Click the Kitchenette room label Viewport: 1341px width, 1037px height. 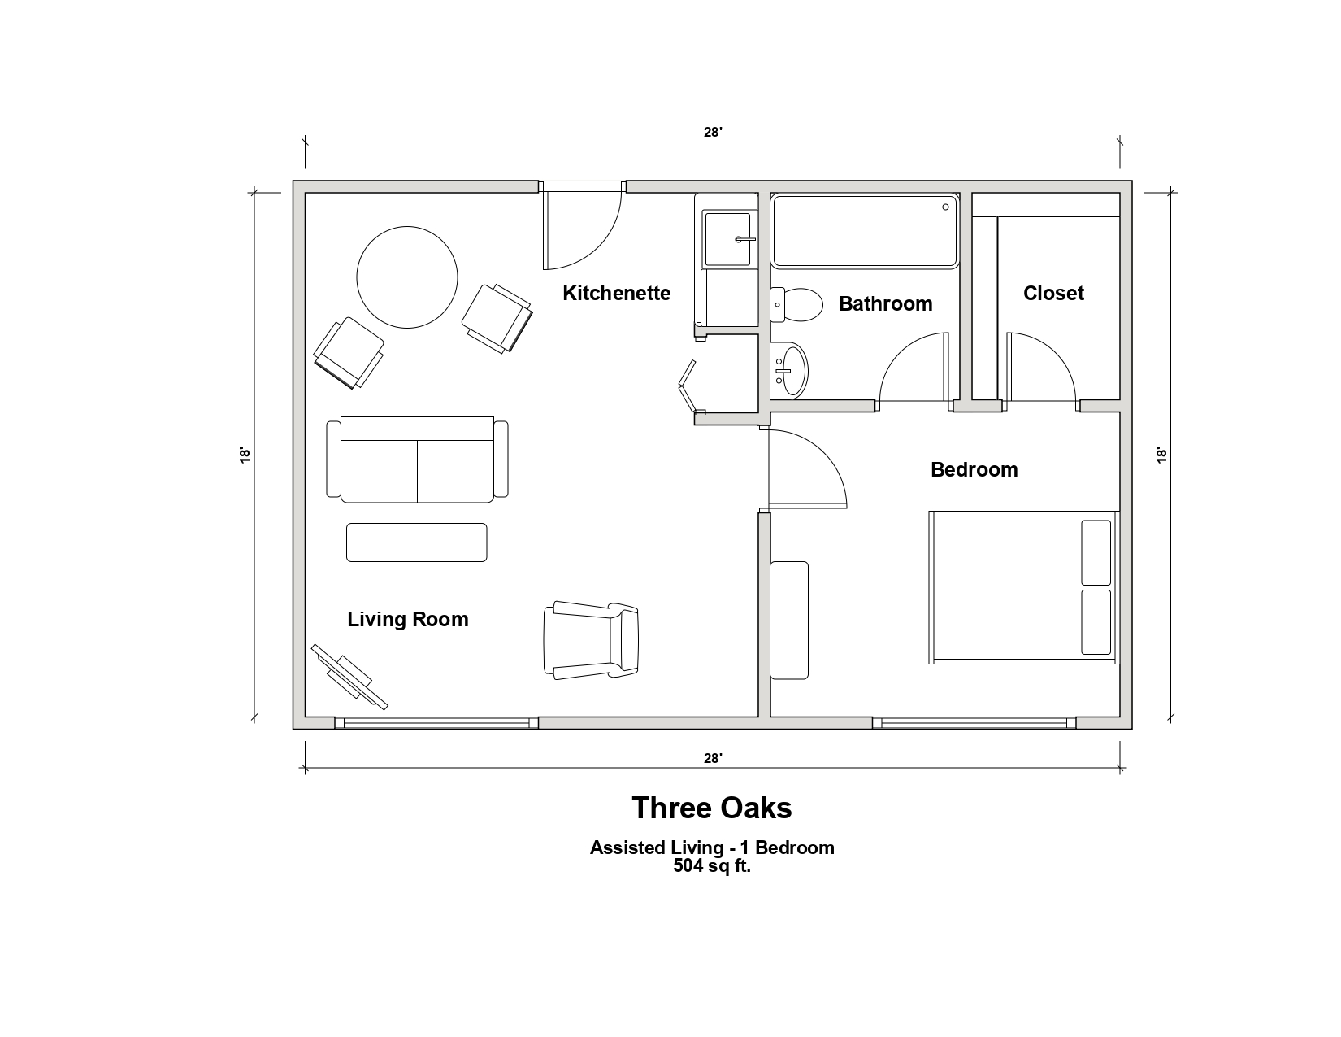pos(616,293)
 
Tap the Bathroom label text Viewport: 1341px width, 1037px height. pos(885,304)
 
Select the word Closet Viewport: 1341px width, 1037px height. pos(1052,293)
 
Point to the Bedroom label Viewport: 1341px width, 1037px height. pos(974,469)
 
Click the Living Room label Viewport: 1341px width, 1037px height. pos(407,619)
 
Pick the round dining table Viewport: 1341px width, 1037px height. pos(406,277)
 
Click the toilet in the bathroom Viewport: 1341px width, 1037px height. pos(796,304)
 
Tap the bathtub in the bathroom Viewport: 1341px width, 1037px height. pos(865,232)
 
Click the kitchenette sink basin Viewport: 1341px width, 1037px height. pos(727,239)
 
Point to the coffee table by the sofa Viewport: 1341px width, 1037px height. pos(417,542)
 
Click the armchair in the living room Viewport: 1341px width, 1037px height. pos(591,640)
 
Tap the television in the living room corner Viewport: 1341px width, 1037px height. pos(349,677)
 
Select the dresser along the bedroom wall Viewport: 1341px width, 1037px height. pos(789,620)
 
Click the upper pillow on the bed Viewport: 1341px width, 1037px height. pos(1096,552)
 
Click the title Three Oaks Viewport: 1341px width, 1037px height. pos(711,808)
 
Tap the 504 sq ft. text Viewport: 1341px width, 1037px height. pos(711,866)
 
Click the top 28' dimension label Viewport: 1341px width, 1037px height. pos(713,133)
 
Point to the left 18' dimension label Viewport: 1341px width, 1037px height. pos(245,455)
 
